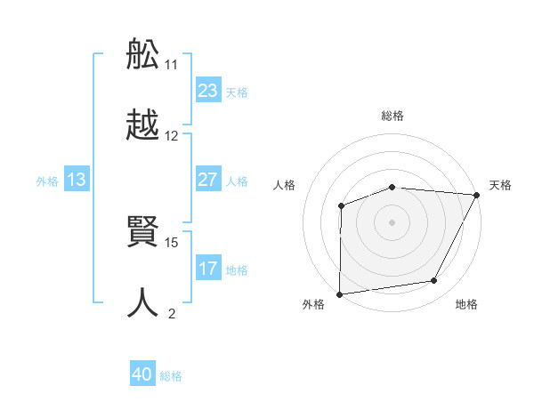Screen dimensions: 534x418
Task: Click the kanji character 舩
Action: coord(143,55)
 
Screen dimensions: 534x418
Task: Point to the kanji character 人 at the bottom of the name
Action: coord(143,303)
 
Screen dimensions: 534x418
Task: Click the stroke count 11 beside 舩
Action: coord(172,65)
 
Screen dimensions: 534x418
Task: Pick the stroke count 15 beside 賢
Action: coord(172,242)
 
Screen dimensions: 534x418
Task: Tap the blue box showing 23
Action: coord(207,91)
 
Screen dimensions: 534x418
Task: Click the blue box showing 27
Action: coord(207,180)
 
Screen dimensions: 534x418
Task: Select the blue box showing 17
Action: coord(207,269)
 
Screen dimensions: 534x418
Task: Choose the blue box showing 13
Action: coord(76,180)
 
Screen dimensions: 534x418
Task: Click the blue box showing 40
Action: coord(142,375)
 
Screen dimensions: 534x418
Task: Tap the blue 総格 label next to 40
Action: coord(171,376)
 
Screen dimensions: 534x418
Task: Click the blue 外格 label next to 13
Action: coord(47,181)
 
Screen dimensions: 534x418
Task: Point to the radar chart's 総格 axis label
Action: coord(392,117)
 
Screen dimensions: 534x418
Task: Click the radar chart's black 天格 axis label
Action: coord(500,185)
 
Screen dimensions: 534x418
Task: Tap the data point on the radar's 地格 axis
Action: coord(434,281)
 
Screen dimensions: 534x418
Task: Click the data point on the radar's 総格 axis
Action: coord(392,187)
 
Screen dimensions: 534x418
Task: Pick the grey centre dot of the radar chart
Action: coord(392,221)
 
